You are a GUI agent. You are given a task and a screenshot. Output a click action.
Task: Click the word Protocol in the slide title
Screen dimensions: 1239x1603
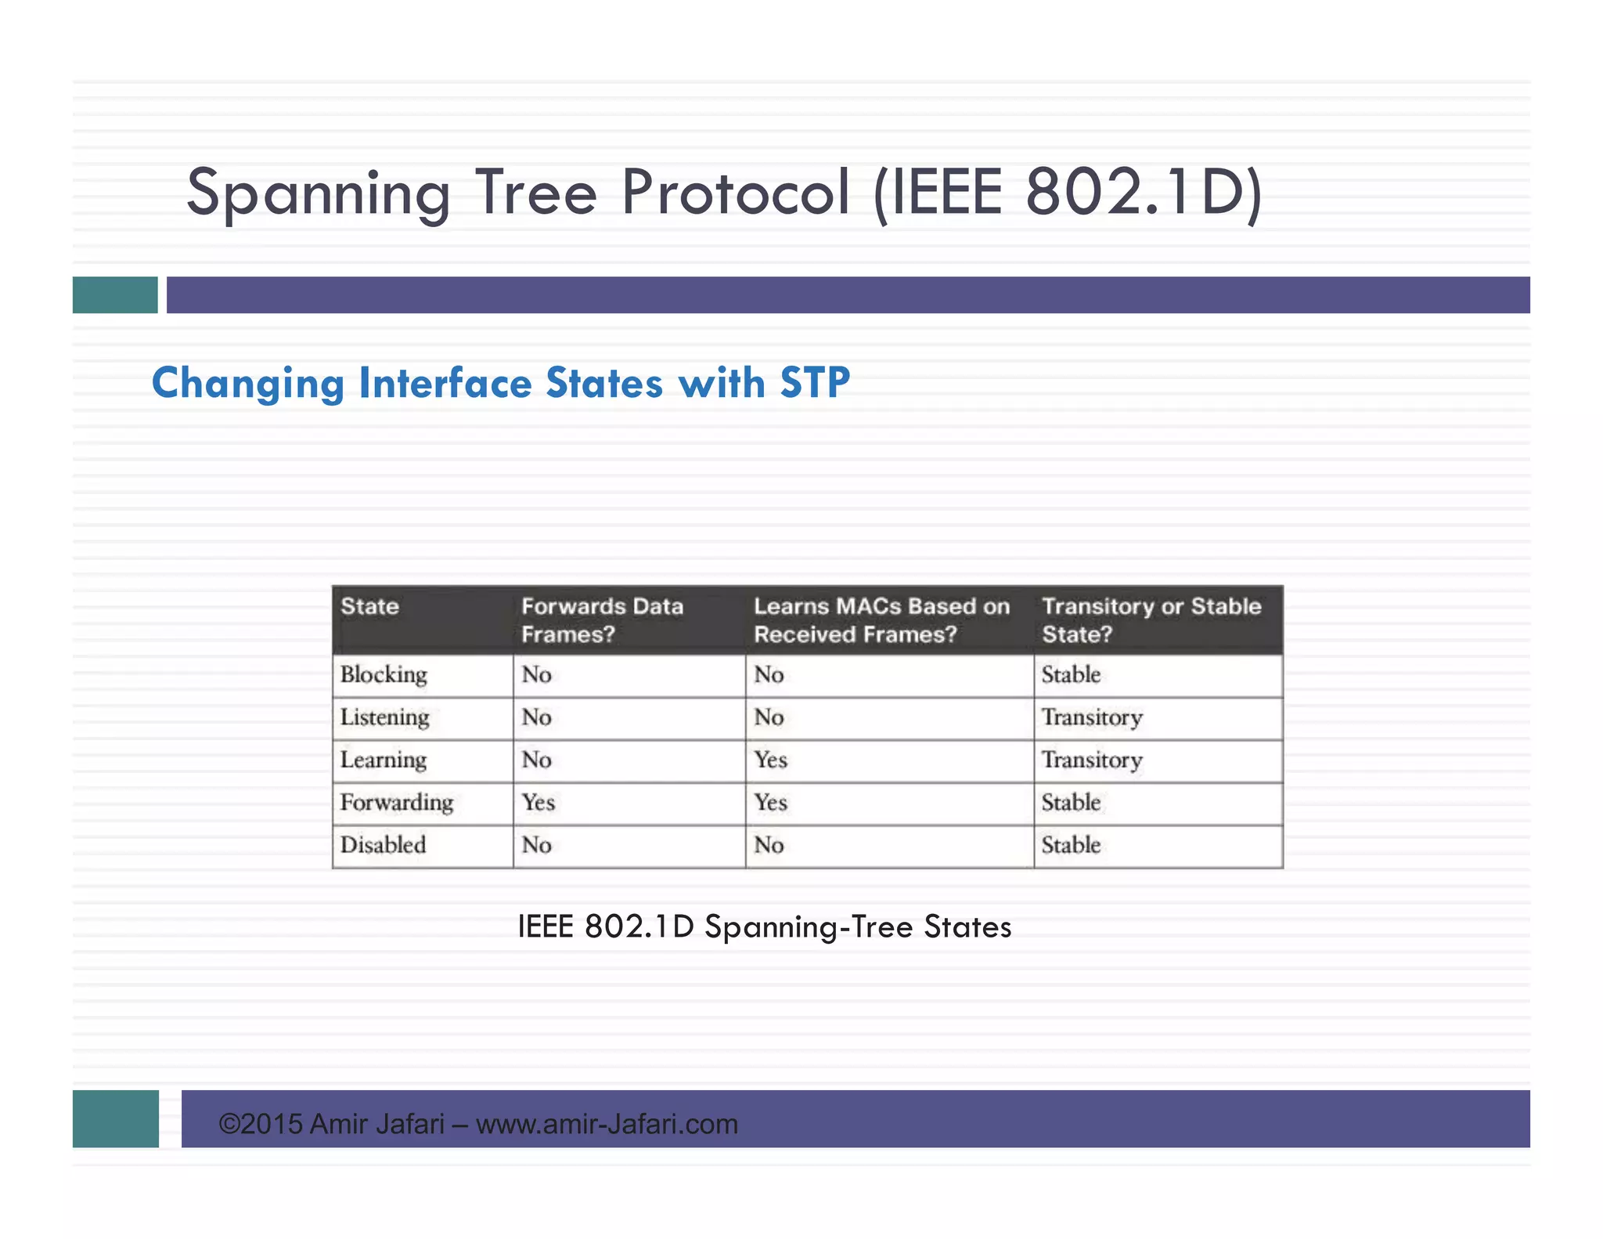click(735, 193)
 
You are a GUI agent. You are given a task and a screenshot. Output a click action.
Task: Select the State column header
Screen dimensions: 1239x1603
click(369, 607)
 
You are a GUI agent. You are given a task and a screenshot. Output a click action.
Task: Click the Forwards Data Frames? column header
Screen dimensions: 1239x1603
click(602, 620)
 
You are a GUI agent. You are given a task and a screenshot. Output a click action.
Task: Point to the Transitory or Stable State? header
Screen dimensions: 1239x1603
click(1151, 620)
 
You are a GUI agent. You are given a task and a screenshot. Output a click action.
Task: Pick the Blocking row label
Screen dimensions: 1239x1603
click(384, 675)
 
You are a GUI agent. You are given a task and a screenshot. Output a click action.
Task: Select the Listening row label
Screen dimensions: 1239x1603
click(384, 717)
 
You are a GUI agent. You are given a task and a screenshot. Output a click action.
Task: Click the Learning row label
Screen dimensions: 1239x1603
click(384, 760)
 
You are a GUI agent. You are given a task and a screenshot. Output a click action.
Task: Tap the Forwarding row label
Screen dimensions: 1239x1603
click(397, 803)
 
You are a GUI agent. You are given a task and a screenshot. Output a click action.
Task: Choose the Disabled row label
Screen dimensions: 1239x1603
click(383, 845)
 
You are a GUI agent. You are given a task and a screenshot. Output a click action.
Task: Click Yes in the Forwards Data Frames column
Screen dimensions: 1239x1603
click(539, 803)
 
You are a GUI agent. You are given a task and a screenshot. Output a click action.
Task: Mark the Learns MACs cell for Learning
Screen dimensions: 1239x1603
click(771, 760)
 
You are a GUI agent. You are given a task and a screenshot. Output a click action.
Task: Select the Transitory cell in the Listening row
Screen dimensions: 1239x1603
click(1092, 717)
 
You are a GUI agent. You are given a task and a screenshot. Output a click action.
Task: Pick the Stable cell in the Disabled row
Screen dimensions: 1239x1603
click(1071, 845)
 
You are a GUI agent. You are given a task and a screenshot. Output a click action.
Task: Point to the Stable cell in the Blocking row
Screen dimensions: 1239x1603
click(1071, 675)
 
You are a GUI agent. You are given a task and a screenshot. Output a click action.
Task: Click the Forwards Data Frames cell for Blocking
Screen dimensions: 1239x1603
click(537, 675)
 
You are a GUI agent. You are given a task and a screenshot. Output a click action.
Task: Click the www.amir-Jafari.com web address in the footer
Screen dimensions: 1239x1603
click(607, 1125)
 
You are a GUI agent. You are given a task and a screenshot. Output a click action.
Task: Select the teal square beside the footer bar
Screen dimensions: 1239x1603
click(116, 1118)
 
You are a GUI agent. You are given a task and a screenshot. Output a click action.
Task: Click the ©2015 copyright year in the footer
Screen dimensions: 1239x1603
click(261, 1125)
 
